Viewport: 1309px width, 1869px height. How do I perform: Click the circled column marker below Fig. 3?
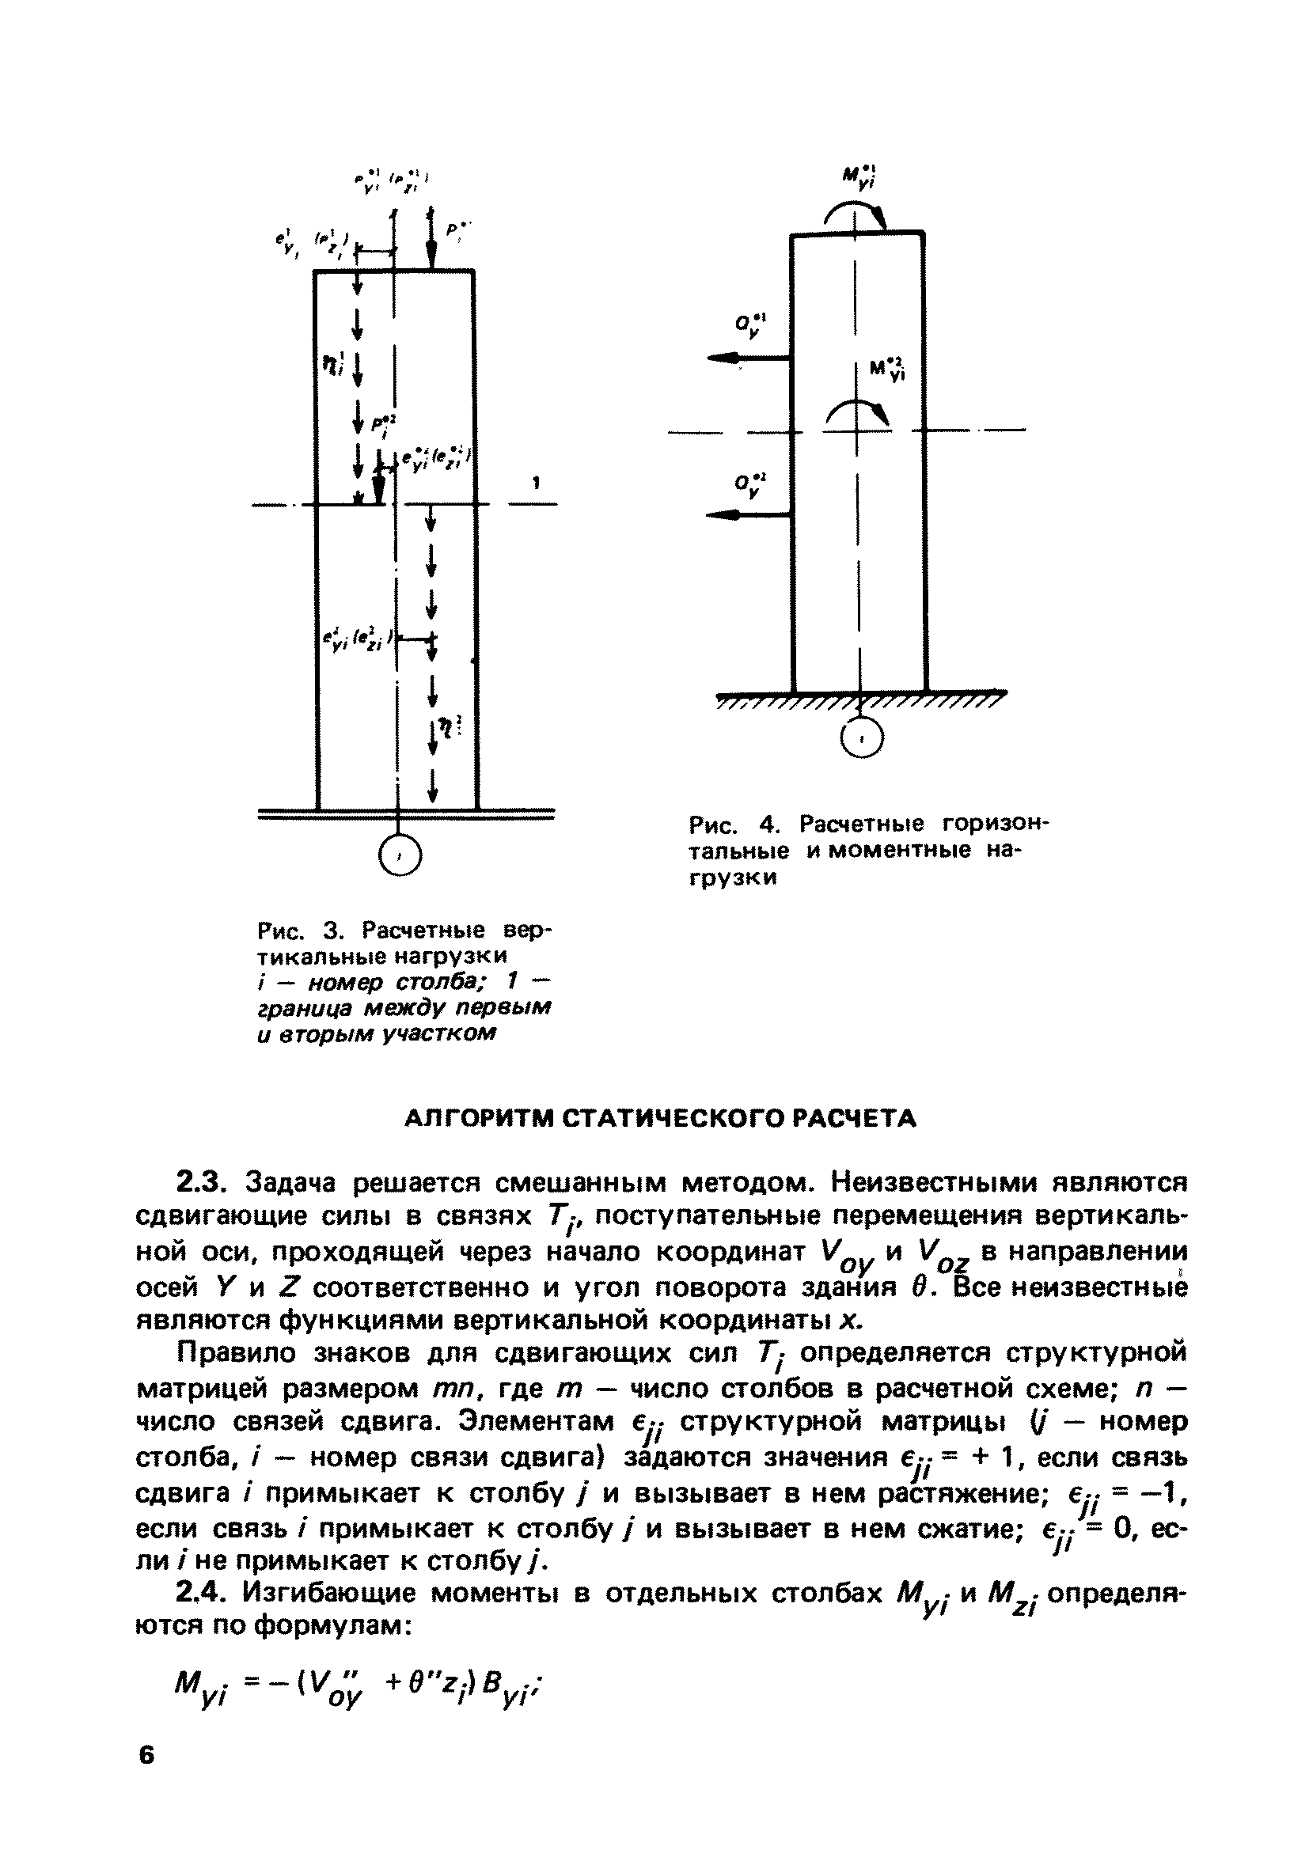point(399,855)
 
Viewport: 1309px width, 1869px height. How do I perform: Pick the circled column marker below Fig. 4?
point(861,738)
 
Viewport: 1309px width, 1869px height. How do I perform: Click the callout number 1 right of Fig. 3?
point(536,483)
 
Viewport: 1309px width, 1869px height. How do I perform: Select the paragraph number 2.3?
point(203,1180)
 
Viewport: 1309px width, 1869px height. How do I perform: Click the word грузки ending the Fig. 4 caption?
point(733,878)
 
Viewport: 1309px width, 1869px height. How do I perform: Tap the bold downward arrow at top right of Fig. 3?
point(431,245)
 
